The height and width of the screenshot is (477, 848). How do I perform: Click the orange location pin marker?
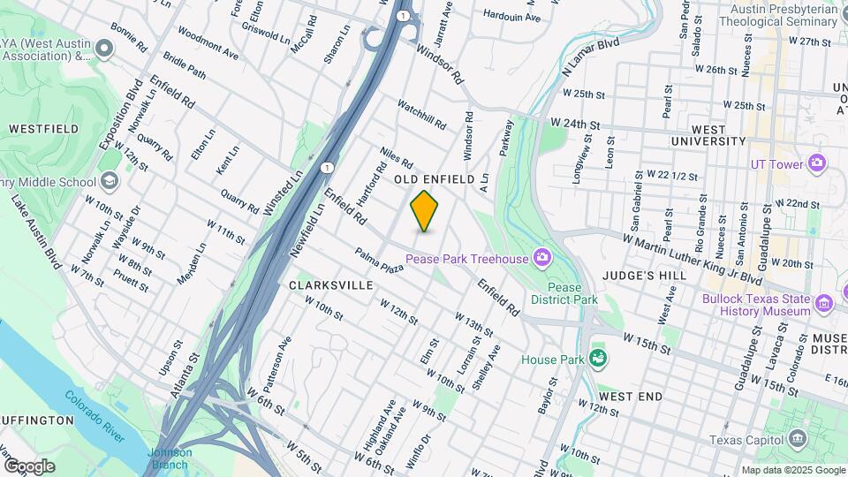[x=425, y=211]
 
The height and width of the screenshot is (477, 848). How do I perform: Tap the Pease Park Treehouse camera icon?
[x=541, y=258]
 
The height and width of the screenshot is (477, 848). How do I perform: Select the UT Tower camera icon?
[x=816, y=163]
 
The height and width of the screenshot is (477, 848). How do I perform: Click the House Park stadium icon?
[x=598, y=359]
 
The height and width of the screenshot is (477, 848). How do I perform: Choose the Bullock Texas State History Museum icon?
[x=825, y=304]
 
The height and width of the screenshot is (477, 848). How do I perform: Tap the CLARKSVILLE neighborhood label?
[x=331, y=285]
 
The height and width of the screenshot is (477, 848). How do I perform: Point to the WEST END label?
[x=630, y=397]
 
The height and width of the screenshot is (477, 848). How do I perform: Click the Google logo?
[x=29, y=466]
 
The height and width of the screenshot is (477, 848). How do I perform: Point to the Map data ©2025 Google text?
[x=792, y=470]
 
